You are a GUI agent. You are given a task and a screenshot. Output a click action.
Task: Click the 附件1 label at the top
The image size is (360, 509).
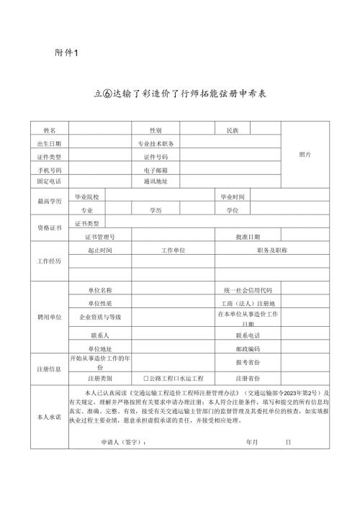[66, 53]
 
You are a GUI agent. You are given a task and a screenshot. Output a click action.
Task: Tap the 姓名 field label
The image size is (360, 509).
[50, 130]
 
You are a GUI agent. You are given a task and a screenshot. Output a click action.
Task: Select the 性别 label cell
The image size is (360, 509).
[156, 130]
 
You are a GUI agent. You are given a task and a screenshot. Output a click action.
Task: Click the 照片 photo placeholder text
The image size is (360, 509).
[305, 155]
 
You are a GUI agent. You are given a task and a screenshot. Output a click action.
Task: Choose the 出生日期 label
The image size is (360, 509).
[50, 143]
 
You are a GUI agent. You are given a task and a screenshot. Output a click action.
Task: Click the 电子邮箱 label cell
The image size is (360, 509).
[156, 169]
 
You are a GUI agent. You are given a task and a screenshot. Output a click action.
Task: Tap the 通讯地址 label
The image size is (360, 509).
[156, 181]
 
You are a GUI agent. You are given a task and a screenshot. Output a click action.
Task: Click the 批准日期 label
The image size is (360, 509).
[248, 236]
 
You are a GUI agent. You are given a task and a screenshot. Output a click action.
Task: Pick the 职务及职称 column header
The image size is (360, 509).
[271, 249]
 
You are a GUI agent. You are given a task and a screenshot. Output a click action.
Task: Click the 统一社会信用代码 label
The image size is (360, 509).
[248, 289]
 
